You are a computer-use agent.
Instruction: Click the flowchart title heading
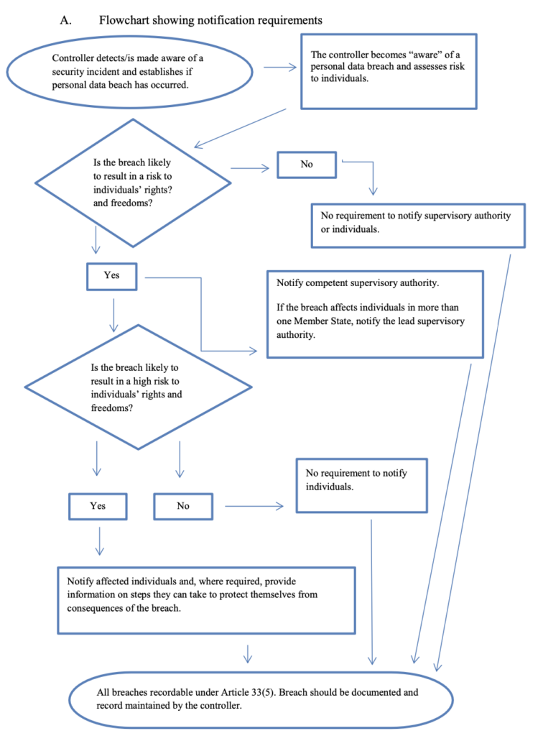tap(210, 20)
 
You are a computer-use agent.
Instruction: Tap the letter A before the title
tap(65, 20)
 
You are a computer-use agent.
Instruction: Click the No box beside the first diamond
tap(307, 165)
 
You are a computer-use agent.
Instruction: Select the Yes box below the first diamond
tap(111, 276)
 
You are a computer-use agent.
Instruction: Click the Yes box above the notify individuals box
tap(98, 506)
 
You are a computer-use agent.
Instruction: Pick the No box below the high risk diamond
tap(183, 506)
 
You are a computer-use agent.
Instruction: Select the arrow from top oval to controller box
tap(280, 67)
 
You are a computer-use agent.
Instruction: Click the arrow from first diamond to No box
tap(250, 168)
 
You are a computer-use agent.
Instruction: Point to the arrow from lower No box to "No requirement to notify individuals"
tap(254, 506)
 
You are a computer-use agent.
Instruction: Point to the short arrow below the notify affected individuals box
tap(248, 653)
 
